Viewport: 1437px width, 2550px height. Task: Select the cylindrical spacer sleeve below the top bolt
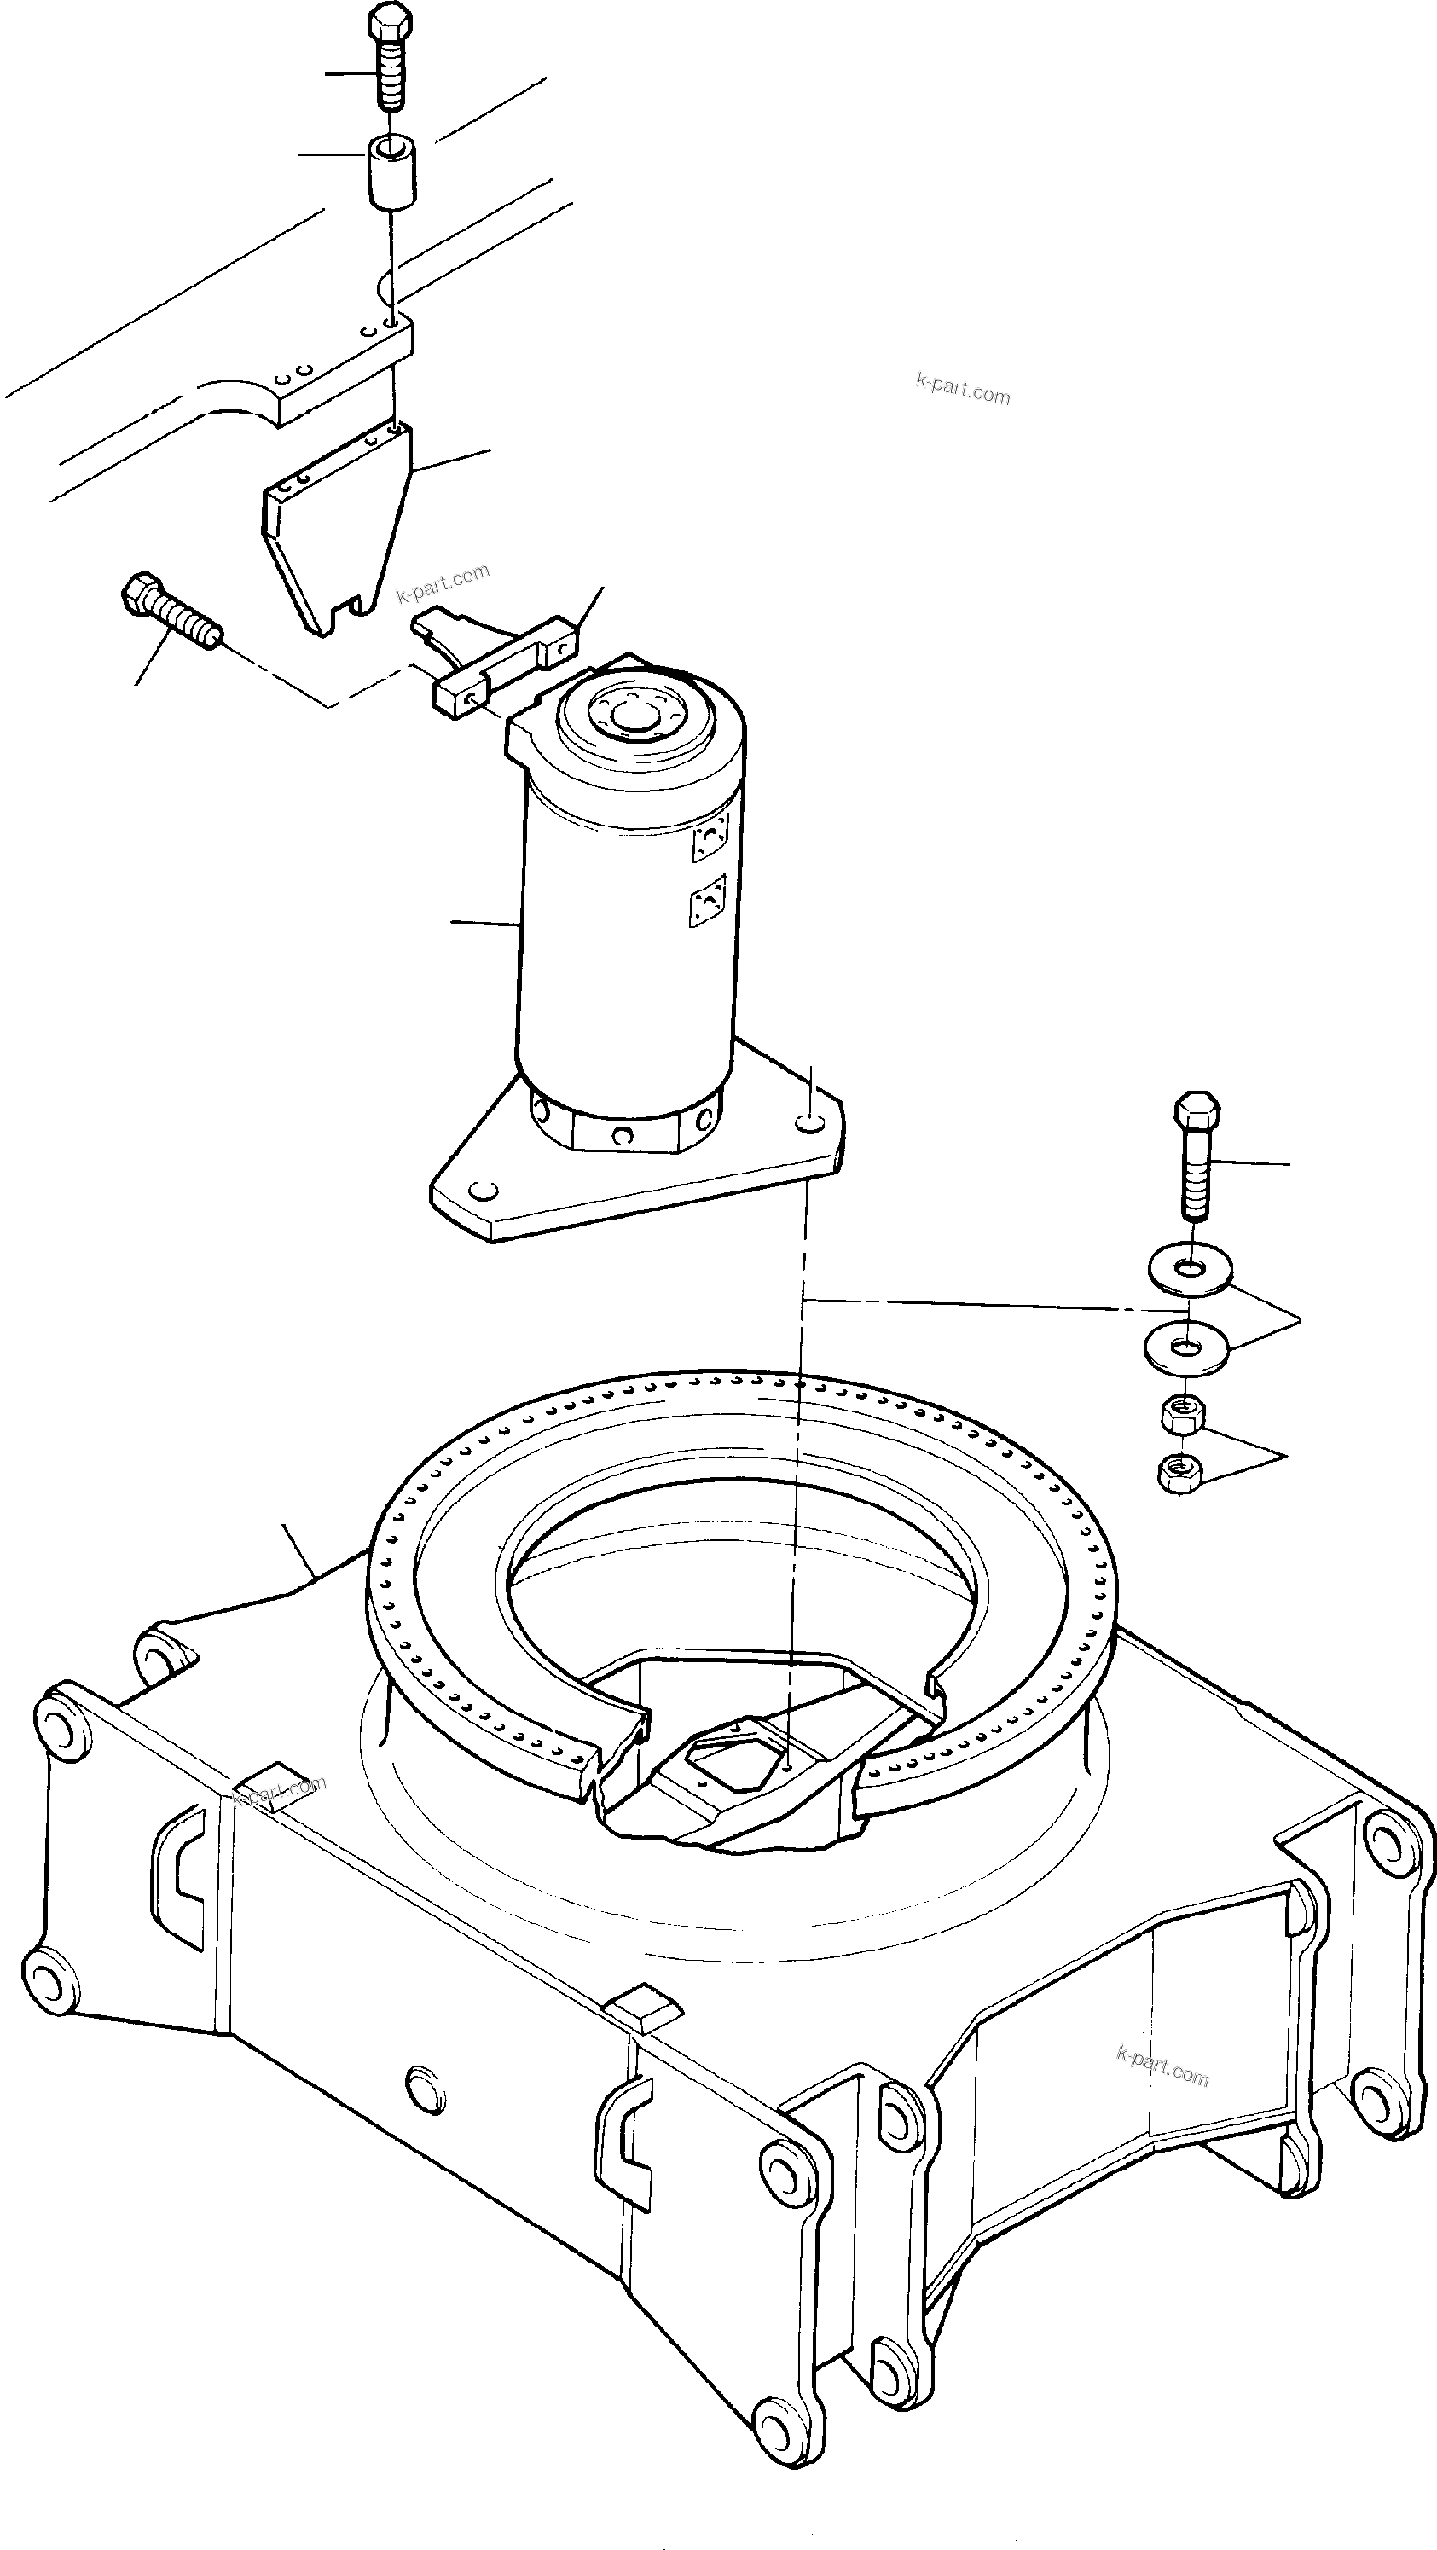pos(393,174)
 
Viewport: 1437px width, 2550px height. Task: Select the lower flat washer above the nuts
pos(1185,1347)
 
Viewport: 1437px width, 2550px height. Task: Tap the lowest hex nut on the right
pos(1179,1472)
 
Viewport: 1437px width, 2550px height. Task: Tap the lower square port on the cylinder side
pos(707,901)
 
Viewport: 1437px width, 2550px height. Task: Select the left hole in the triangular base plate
pos(482,1189)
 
